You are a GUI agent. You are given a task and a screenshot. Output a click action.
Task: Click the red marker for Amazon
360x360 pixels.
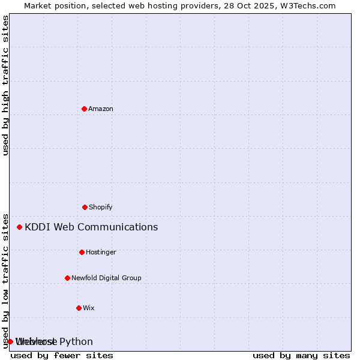pos(84,109)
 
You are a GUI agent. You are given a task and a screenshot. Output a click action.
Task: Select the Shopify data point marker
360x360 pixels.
pos(85,207)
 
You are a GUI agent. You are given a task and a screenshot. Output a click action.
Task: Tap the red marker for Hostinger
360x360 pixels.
pos(82,252)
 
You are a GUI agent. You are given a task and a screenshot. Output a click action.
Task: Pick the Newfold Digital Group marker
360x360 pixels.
pos(67,278)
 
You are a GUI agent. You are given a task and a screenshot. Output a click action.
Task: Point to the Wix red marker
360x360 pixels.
pos(79,308)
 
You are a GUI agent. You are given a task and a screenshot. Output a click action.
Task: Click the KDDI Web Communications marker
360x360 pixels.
pos(19,227)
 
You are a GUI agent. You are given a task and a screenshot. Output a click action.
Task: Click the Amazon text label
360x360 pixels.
pos(101,109)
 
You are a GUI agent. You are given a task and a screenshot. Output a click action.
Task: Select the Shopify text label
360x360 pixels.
pos(101,207)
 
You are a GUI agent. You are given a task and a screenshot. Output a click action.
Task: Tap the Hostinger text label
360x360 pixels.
pos(101,252)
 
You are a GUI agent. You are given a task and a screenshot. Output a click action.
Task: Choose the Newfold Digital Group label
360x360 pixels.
pos(106,278)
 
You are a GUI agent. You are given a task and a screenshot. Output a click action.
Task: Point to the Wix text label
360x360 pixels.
pos(89,308)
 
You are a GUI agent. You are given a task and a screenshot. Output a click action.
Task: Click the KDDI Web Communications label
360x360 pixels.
pos(91,227)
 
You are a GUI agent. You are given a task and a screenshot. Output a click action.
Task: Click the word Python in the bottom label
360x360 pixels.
pos(76,341)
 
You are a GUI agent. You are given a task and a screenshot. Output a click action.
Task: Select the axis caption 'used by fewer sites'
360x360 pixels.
pos(62,355)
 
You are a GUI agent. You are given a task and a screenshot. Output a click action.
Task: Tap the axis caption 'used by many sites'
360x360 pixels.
pos(301,355)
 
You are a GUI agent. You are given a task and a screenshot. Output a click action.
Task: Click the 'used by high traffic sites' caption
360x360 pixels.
pos(5,85)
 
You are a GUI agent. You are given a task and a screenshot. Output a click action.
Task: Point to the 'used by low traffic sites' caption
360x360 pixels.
pos(5,280)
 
